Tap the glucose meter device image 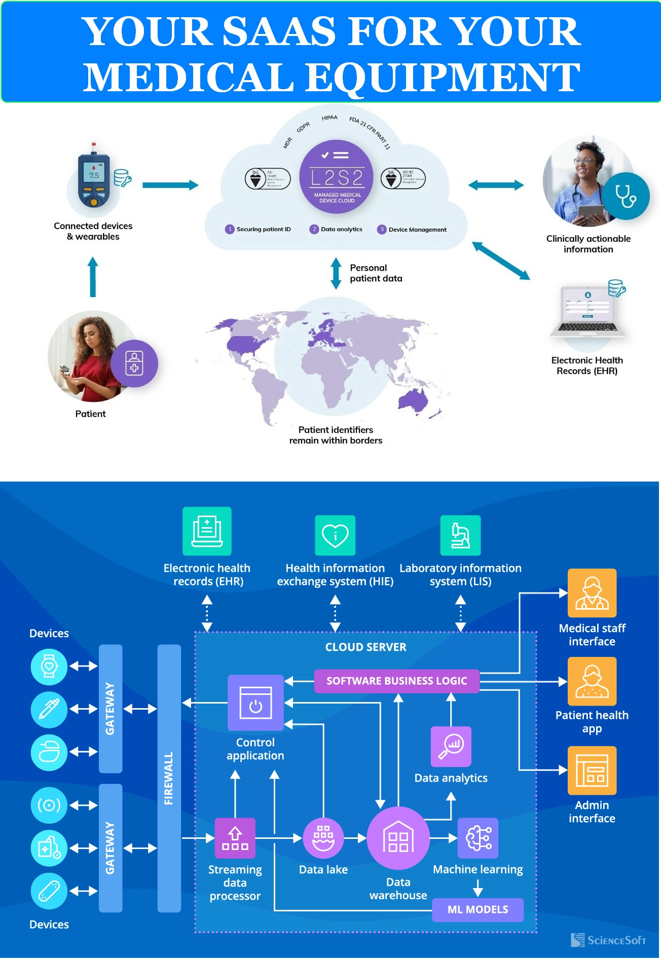tap(94, 176)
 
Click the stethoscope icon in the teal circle tap(627, 196)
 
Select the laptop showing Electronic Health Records tap(588, 311)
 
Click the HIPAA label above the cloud tap(329, 118)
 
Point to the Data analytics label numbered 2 tap(341, 229)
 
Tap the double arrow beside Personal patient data tap(336, 273)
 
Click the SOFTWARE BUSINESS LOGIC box tap(396, 681)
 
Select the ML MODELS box tap(478, 909)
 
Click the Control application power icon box tap(255, 703)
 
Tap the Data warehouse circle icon tap(398, 838)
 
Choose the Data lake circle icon tap(323, 838)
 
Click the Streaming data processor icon tap(235, 838)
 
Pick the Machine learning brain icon tap(478, 838)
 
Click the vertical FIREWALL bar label tap(169, 778)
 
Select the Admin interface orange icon tap(592, 770)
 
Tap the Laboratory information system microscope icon tap(460, 535)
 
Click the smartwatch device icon tap(49, 666)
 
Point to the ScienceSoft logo tap(608, 940)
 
